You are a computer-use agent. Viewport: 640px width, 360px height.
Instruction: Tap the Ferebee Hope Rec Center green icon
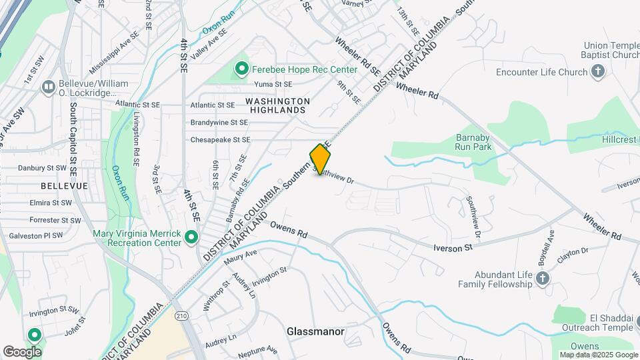(x=241, y=69)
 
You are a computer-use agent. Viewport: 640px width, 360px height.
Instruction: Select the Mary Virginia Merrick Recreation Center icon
(x=191, y=237)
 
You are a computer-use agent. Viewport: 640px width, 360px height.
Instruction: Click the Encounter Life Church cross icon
(x=598, y=72)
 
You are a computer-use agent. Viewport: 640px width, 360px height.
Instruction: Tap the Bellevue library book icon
(x=48, y=87)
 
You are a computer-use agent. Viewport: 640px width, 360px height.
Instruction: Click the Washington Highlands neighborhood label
(x=277, y=105)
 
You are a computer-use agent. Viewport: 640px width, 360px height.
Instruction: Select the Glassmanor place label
(x=315, y=331)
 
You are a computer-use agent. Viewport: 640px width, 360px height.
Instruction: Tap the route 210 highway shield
(x=183, y=315)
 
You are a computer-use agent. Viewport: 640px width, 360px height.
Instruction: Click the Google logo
(x=22, y=351)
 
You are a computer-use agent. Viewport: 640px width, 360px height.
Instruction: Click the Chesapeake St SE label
(x=220, y=140)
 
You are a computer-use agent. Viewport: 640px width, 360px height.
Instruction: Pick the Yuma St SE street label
(x=273, y=85)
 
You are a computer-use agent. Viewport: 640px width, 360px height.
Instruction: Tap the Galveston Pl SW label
(x=35, y=235)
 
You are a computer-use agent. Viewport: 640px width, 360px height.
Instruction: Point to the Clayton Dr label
(x=575, y=251)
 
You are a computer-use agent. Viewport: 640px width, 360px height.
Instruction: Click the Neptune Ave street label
(x=257, y=349)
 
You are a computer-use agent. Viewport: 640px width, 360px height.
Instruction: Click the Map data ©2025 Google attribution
(x=598, y=355)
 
